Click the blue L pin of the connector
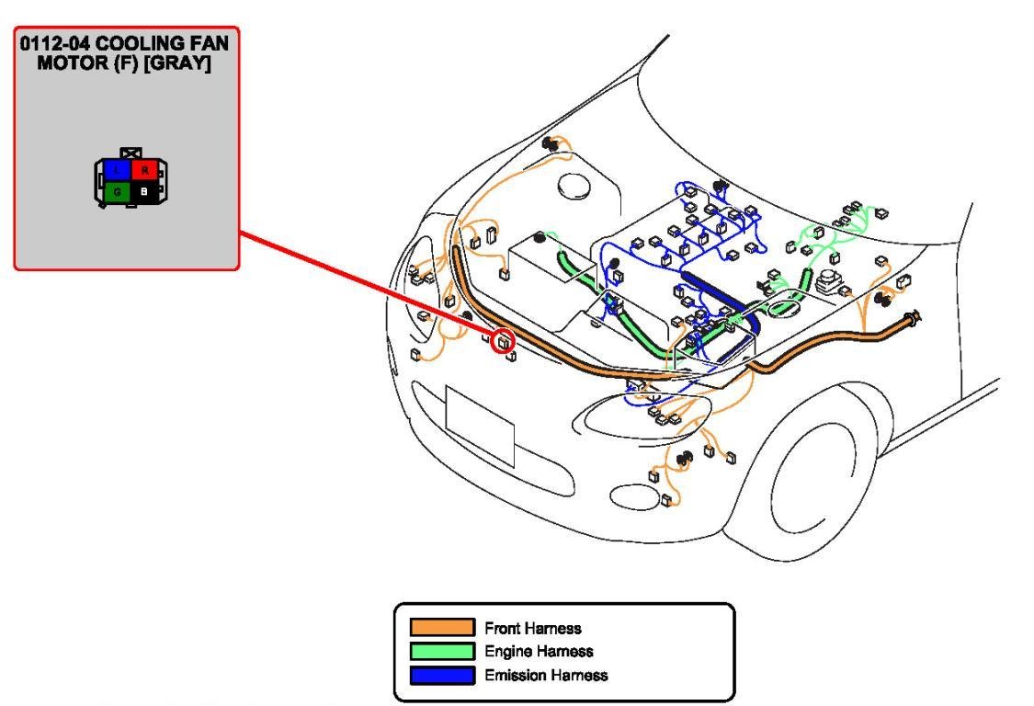pos(117,170)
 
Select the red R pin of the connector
pos(144,170)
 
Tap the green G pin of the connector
pos(117,192)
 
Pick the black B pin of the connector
pos(144,192)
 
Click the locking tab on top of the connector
pos(131,152)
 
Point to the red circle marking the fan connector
pos(503,342)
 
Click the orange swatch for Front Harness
pos(442,628)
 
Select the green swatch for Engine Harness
pos(442,652)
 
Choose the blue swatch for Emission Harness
pos(442,676)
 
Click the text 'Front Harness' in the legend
pos(533,629)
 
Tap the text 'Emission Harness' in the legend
pos(546,676)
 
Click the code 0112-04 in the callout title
pos(57,43)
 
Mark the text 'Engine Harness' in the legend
pos(539,652)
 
